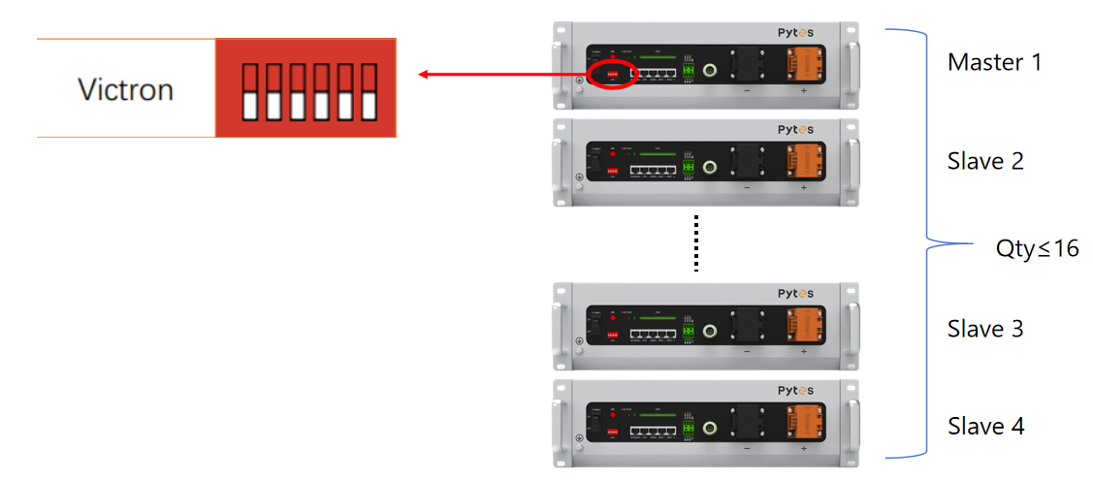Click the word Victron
125,90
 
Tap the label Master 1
994,63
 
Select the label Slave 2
985,161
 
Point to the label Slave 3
985,329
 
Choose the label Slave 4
985,426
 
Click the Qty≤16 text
1037,248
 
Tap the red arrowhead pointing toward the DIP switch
425,75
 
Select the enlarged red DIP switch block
305,88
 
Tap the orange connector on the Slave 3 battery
803,325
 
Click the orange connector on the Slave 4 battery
803,422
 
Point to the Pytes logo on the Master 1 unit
795,33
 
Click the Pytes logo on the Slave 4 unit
795,390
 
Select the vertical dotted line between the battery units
694,243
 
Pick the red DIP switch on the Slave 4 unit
613,432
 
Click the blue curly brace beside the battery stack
926,242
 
